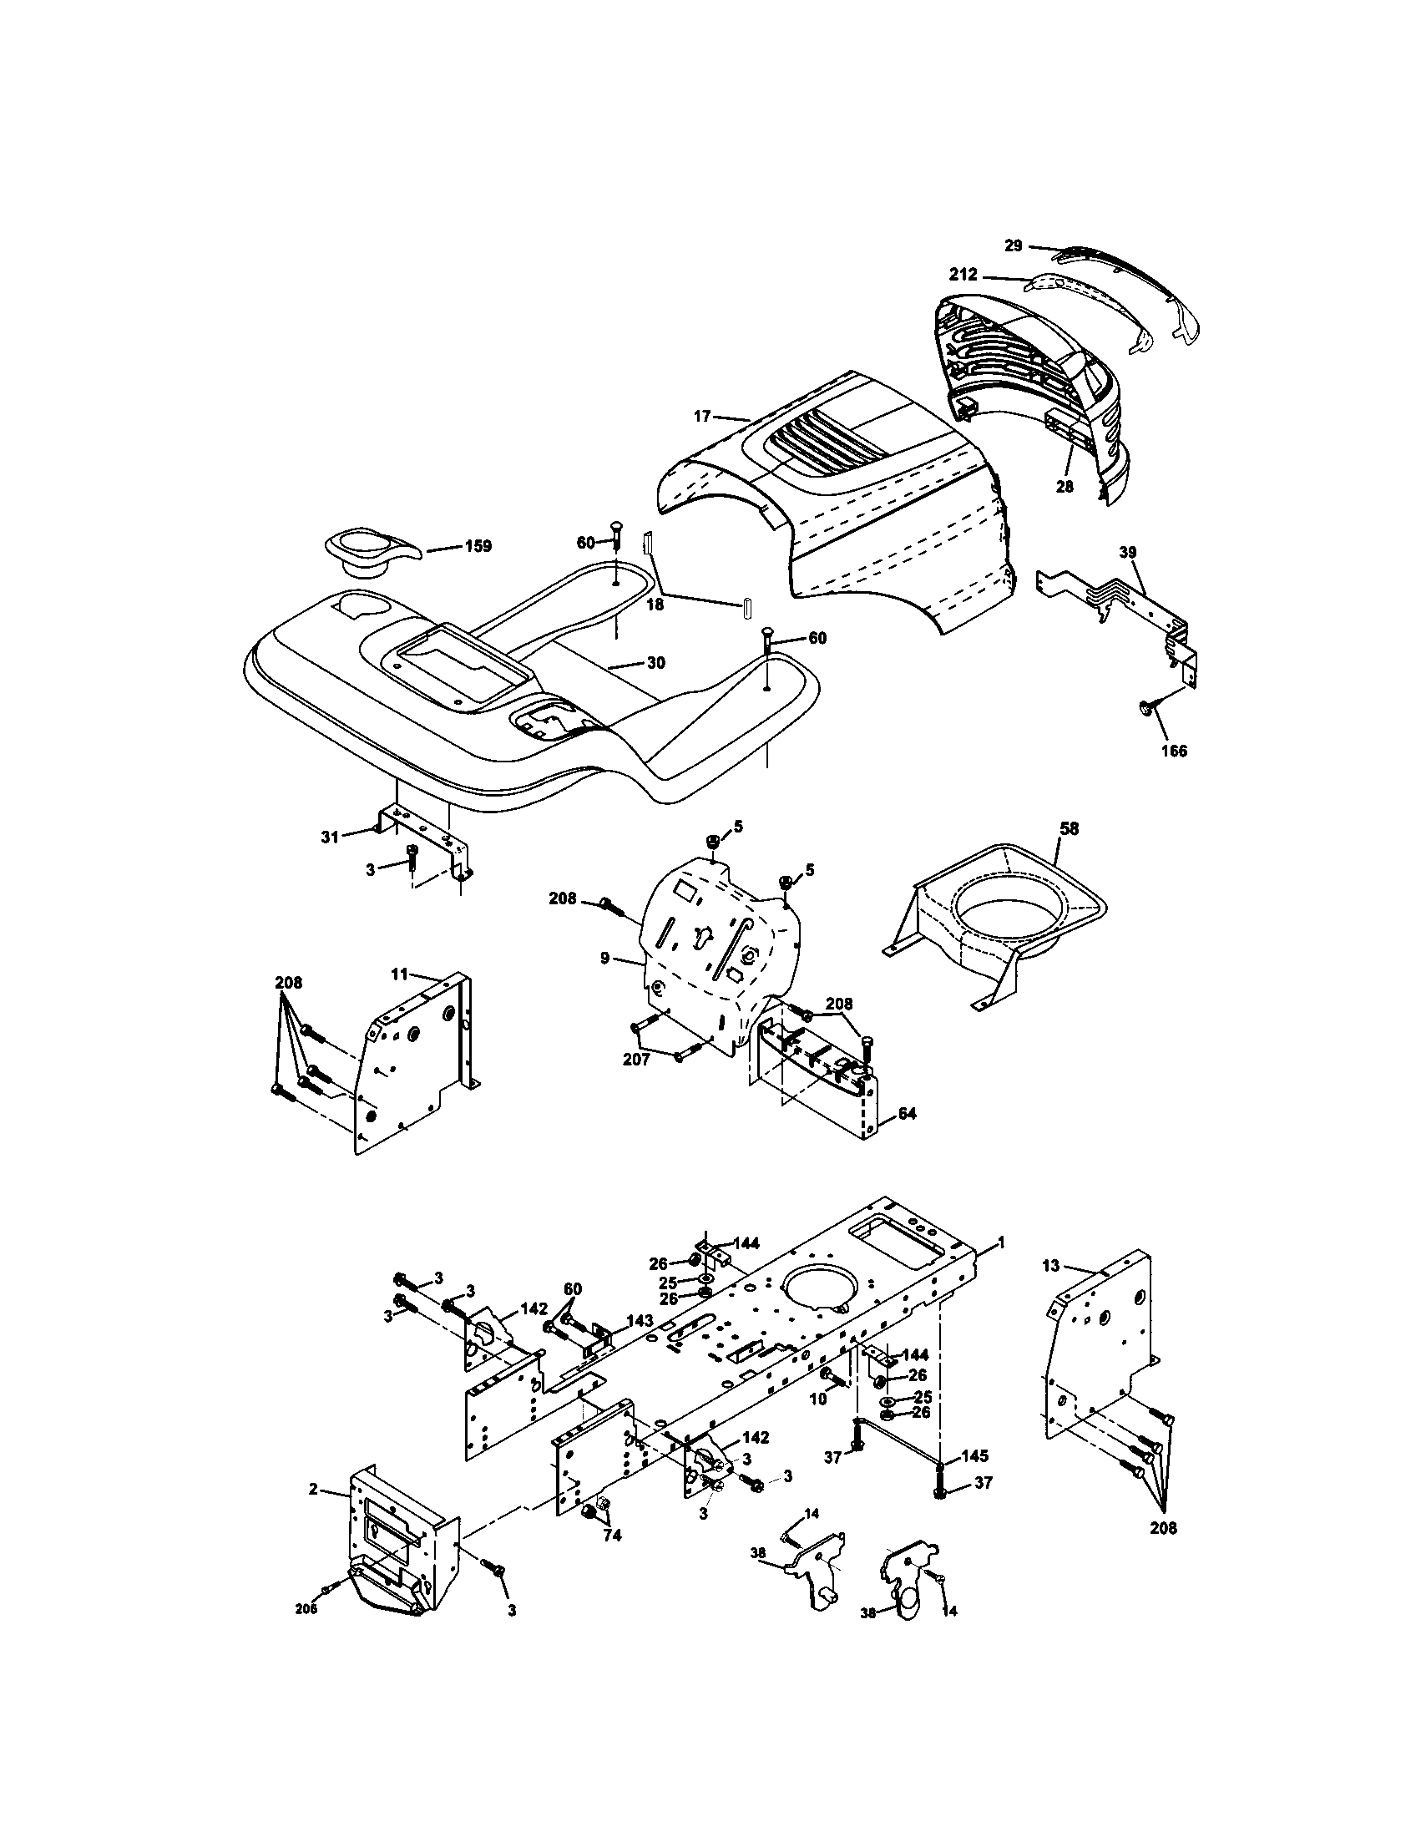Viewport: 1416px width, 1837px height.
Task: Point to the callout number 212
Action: [x=963, y=274]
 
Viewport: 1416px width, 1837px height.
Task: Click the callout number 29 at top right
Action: [x=1014, y=245]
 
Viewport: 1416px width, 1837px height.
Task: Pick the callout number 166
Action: [x=1174, y=751]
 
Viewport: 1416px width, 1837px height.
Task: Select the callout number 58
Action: [x=1068, y=828]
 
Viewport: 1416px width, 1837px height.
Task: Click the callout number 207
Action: [x=635, y=1060]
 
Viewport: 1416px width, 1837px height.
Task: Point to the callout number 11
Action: [x=398, y=974]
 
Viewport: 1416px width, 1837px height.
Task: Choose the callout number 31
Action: [x=329, y=837]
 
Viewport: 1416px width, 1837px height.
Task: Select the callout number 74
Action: [x=611, y=1536]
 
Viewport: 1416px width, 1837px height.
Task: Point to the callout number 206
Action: [x=306, y=1609]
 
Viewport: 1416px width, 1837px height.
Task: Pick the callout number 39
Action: [x=1128, y=552]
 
